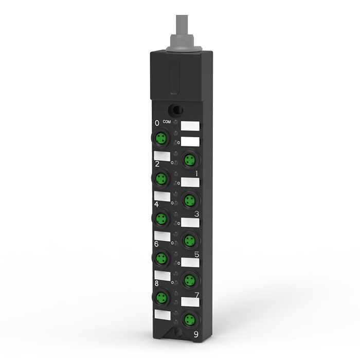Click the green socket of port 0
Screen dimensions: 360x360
161,138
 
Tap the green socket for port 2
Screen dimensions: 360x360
161,178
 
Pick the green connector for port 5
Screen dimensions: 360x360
190,241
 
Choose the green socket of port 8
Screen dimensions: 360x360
161,298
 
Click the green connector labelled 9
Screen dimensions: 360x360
190,319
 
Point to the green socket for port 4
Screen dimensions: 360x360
161,219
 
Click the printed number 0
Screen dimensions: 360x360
157,123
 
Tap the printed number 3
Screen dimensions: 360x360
196,214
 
